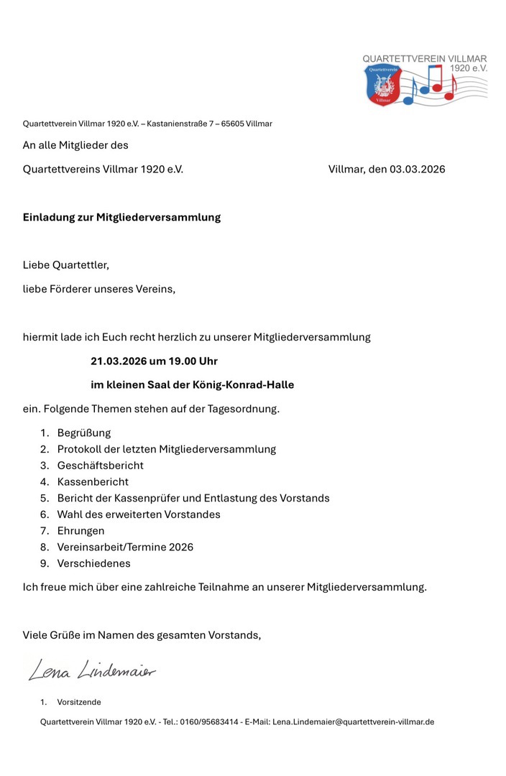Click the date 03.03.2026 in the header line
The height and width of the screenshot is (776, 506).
(418, 170)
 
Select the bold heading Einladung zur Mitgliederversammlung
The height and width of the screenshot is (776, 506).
(121, 217)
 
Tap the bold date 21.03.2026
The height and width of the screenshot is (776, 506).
(119, 361)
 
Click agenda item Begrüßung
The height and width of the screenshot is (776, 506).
(84, 433)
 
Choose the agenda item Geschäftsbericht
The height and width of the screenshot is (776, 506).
(101, 466)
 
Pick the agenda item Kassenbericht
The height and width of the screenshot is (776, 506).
(93, 481)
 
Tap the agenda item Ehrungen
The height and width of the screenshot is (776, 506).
(80, 530)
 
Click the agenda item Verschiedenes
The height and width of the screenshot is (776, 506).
(94, 563)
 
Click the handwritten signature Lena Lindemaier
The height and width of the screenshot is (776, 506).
(91, 670)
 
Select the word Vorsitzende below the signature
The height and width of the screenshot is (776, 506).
(79, 702)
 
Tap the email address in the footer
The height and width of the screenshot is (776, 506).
(353, 721)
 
